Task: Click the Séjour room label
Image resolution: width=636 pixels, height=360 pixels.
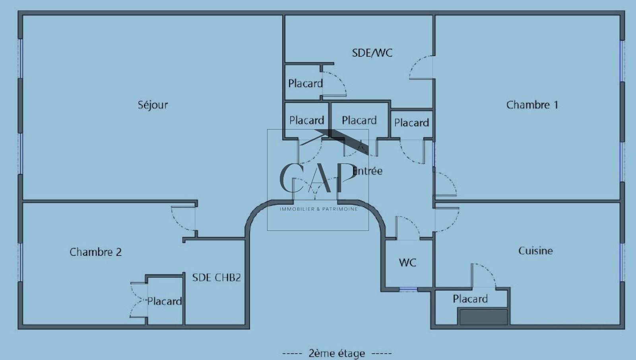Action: point(153,105)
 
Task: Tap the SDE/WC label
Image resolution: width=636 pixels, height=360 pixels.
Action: point(372,53)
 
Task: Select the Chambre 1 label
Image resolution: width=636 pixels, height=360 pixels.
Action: point(532,105)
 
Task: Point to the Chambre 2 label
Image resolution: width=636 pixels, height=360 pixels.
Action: point(95,252)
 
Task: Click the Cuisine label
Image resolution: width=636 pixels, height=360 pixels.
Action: point(535,251)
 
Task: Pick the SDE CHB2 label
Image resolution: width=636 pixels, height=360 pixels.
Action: point(216,277)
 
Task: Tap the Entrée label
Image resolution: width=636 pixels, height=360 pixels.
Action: point(368,171)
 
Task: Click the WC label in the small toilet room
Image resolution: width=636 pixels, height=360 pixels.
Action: point(407,263)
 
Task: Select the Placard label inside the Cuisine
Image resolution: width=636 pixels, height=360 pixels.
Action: point(470,299)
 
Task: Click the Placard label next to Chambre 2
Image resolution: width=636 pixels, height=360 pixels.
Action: point(165,301)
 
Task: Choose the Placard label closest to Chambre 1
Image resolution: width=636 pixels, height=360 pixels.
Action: point(411,123)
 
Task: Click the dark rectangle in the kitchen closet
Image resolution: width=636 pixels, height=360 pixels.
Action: point(483,317)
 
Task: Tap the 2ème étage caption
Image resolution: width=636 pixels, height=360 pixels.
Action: point(337,353)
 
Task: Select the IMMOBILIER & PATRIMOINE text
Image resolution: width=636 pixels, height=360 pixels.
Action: point(318,209)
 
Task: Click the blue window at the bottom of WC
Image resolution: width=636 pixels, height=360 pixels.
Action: point(408,289)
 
